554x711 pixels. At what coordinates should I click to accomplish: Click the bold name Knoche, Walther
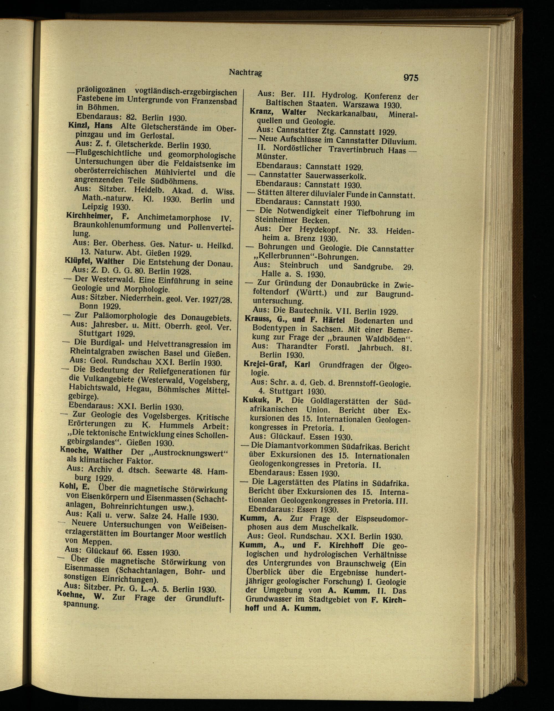91,451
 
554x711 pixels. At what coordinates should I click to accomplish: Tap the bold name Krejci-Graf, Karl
277,364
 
